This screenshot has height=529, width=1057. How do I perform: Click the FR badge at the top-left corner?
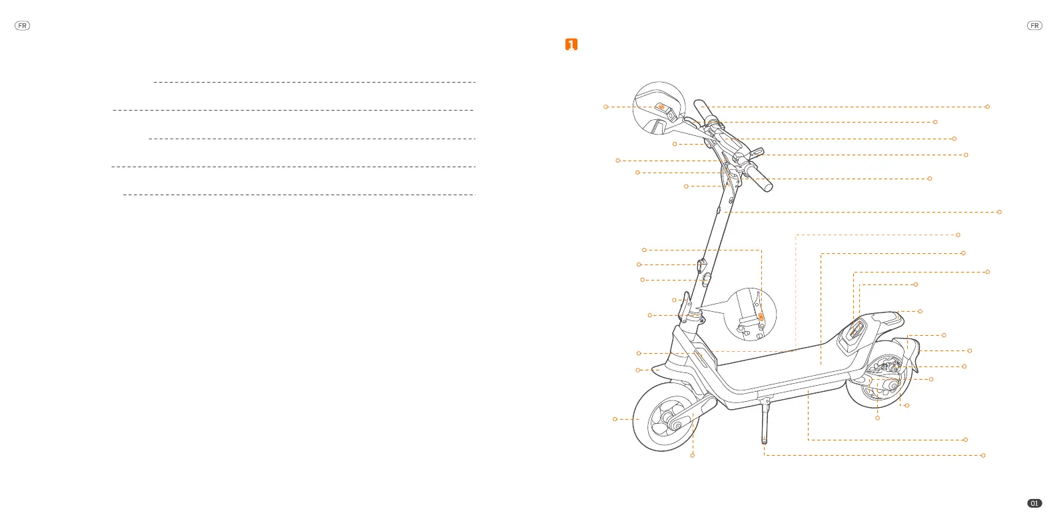pos(23,26)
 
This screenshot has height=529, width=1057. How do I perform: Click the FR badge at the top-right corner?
pos(1034,26)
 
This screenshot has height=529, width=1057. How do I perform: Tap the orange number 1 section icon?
pos(571,45)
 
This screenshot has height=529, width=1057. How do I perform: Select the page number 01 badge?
pos(1034,503)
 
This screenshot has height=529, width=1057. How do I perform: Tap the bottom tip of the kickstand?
pos(764,441)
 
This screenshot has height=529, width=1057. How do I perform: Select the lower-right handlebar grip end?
pos(768,187)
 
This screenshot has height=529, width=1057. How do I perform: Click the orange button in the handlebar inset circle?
pos(661,107)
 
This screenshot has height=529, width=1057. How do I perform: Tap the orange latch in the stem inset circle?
pos(761,318)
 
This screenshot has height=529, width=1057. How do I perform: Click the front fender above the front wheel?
pos(659,368)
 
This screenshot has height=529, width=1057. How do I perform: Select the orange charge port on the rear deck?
pos(857,326)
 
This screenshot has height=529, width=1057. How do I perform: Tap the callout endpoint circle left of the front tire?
pos(615,419)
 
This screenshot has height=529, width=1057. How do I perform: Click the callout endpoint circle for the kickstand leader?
pos(983,456)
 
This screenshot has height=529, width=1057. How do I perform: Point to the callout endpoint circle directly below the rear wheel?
pos(877,418)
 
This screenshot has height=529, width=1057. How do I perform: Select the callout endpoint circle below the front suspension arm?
pos(693,456)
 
